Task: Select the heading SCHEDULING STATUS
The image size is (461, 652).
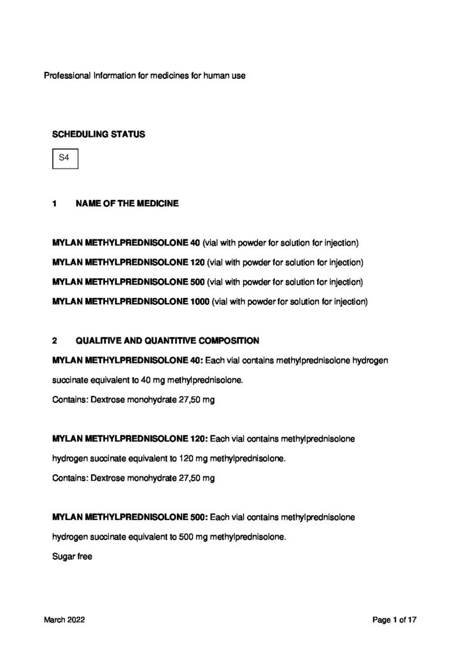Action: [98, 134]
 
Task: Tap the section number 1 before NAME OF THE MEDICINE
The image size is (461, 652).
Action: [55, 204]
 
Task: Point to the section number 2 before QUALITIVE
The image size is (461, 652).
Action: [55, 341]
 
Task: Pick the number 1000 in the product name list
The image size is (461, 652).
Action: [199, 301]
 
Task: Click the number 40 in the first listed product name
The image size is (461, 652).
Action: [195, 243]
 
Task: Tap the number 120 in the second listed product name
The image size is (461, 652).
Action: [197, 262]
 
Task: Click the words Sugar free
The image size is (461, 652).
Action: [72, 557]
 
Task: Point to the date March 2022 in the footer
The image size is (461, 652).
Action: [64, 619]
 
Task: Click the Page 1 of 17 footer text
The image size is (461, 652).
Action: [395, 619]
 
